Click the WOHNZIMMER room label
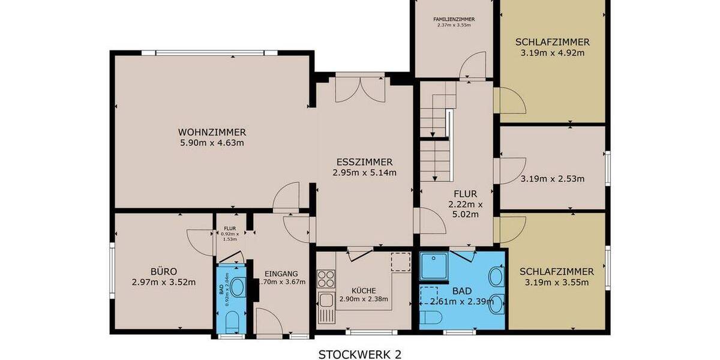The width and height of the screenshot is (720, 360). click(x=212, y=133)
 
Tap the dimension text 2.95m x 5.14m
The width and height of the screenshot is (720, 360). click(x=364, y=172)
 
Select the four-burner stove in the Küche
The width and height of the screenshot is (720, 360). click(x=326, y=279)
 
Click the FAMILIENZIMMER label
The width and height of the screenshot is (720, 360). click(x=454, y=19)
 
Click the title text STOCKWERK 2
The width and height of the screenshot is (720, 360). click(x=360, y=354)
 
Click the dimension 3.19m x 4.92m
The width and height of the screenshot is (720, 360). click(x=552, y=53)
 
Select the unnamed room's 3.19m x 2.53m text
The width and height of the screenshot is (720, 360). click(x=552, y=178)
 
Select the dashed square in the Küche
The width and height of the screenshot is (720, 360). click(x=399, y=262)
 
